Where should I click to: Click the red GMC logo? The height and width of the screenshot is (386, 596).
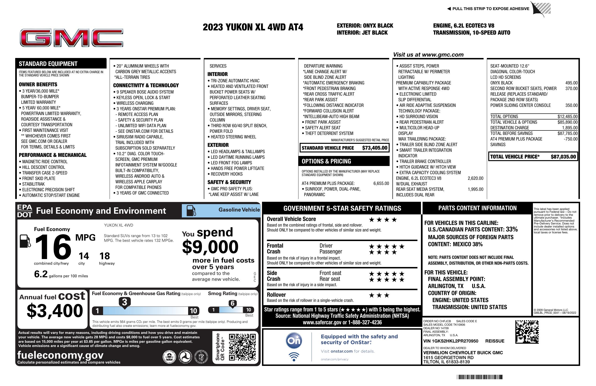(x=72, y=38)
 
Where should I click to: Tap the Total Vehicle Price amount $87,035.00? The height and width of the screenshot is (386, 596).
(x=563, y=157)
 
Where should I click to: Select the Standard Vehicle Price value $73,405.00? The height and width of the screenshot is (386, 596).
(x=375, y=148)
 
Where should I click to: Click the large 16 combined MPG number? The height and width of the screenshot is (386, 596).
(x=53, y=247)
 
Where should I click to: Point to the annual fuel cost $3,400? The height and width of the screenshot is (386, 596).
(x=55, y=311)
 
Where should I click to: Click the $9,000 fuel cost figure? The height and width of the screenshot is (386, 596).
(x=210, y=247)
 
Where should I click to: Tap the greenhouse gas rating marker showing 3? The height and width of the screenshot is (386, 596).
(x=124, y=302)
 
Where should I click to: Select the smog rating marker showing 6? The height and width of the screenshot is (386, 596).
(x=232, y=303)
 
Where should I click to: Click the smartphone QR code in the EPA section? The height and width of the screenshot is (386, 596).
(x=242, y=347)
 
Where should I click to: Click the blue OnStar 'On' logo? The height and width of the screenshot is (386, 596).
(x=294, y=341)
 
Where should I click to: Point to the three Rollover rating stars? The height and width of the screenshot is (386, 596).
(x=379, y=295)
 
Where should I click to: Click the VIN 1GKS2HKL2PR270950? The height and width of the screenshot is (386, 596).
(x=451, y=341)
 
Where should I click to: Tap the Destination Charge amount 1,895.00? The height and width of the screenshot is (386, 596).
(x=570, y=128)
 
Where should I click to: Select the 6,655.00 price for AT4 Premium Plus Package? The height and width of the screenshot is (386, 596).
(x=381, y=183)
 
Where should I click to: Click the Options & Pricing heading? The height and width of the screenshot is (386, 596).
(x=326, y=161)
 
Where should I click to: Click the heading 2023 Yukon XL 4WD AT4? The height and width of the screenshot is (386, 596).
(x=253, y=27)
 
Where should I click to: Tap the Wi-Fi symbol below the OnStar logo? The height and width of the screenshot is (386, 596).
(x=294, y=357)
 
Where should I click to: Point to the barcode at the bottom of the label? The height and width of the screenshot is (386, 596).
(x=480, y=377)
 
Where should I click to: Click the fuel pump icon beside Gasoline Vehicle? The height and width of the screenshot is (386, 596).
(x=191, y=210)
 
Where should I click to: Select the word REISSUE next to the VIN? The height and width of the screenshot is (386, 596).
(x=495, y=341)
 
